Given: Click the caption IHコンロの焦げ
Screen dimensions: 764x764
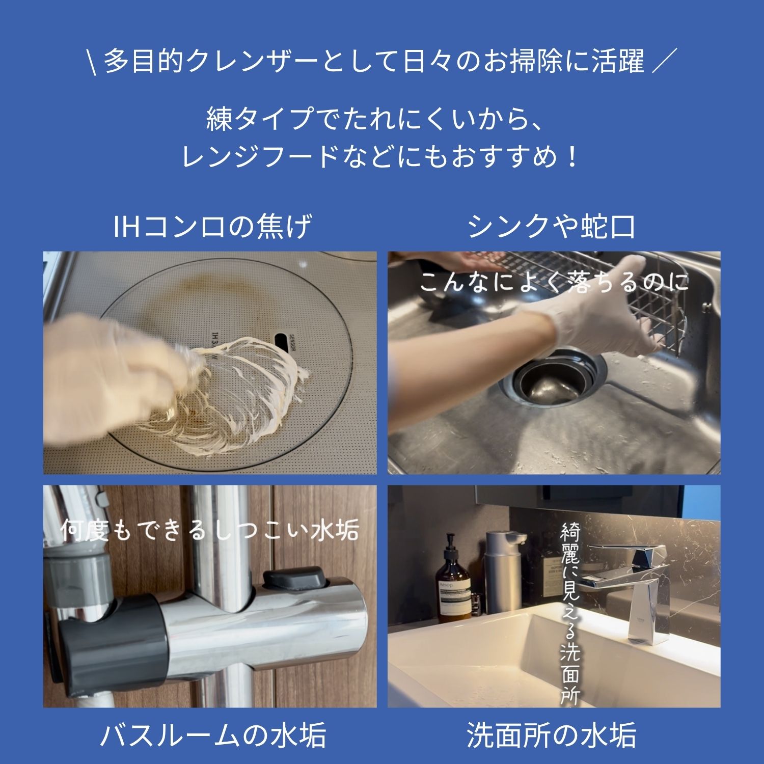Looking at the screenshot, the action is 212,227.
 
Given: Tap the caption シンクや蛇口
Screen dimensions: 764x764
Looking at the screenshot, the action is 553,227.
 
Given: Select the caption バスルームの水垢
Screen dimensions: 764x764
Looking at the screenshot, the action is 213,735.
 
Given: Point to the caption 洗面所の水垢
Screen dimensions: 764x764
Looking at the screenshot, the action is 552,735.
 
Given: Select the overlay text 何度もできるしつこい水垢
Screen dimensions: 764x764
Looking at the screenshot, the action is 209,530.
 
